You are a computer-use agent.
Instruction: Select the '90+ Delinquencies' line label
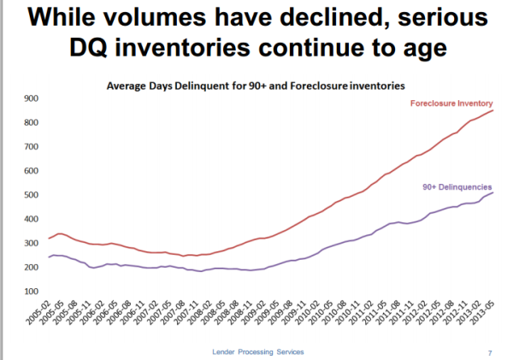(x=457, y=186)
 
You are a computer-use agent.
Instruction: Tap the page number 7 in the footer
(x=489, y=351)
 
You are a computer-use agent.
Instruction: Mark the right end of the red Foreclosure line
(x=492, y=110)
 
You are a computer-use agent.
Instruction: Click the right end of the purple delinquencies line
(x=492, y=192)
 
